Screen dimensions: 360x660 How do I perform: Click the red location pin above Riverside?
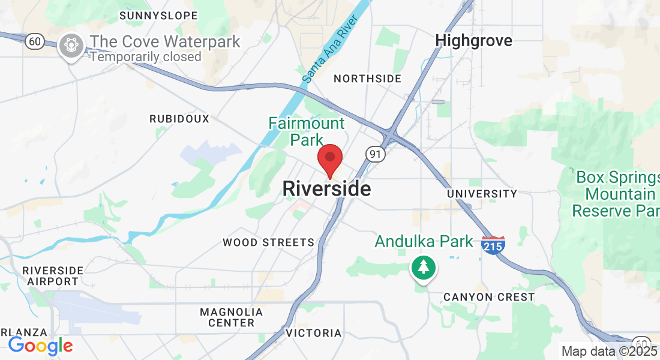click(x=329, y=159)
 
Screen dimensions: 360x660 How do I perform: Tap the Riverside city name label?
click(x=326, y=189)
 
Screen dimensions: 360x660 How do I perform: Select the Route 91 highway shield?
click(x=375, y=155)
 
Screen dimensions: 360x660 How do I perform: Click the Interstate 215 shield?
click(x=493, y=245)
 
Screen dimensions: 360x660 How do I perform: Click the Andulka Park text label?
click(x=424, y=242)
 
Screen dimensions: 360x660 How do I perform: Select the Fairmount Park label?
click(x=307, y=131)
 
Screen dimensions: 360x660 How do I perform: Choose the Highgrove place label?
click(x=474, y=41)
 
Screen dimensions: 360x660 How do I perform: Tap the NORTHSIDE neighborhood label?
click(x=367, y=79)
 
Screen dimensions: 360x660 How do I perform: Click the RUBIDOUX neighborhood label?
click(x=179, y=119)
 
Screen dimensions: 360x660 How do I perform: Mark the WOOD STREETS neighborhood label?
click(x=268, y=242)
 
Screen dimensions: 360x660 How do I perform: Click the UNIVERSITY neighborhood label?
click(x=482, y=194)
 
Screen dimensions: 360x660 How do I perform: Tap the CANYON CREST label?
click(x=488, y=297)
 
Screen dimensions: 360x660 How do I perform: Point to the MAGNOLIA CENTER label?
click(x=231, y=317)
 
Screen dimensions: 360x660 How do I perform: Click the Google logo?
click(x=40, y=346)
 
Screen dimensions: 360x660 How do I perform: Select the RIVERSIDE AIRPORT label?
click(x=53, y=275)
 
